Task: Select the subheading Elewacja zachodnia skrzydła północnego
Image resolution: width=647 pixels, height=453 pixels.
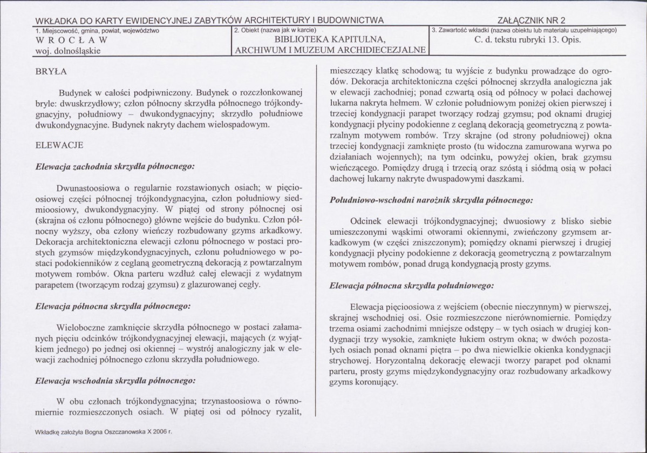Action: pos(114,167)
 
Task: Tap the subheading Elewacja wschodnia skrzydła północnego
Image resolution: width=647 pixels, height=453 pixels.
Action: pos(115,380)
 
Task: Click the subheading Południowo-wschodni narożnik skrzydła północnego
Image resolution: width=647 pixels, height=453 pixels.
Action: pos(432,200)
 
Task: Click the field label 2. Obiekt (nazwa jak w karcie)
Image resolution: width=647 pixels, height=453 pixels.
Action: pos(275,30)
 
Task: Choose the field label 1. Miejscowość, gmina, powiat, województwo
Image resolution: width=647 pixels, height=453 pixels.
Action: pos(97,30)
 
